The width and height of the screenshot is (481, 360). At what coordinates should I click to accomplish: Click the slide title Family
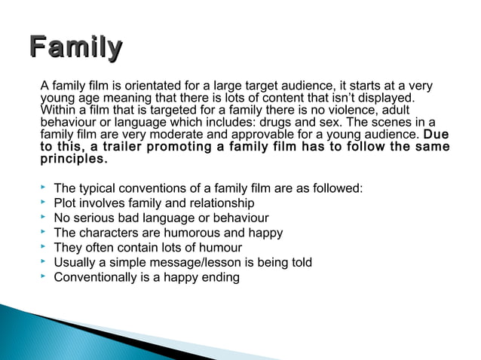point(75,47)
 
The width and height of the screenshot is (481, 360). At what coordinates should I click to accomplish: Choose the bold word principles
point(73,160)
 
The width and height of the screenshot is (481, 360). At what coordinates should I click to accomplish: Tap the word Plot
point(66,203)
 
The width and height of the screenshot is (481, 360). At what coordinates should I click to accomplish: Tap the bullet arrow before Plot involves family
point(44,203)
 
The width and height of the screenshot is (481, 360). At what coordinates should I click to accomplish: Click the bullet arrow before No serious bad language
point(44,217)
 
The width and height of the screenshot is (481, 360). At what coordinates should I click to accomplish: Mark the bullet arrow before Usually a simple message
point(44,261)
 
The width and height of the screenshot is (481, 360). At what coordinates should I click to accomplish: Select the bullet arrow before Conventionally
point(44,276)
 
